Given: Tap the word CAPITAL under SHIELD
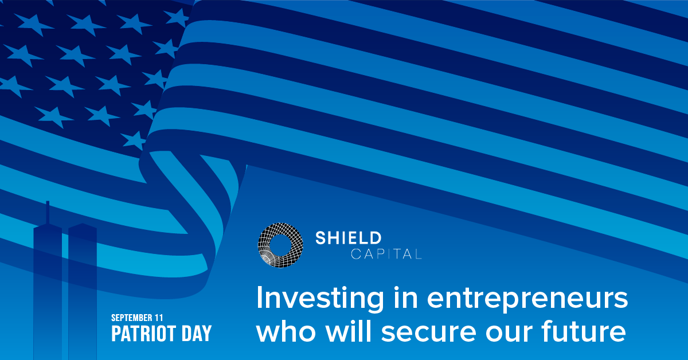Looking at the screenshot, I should click(x=386, y=254).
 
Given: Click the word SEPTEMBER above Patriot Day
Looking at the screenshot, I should click(x=133, y=317).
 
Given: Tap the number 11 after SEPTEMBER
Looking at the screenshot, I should click(x=161, y=317).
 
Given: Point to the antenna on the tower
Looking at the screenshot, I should click(x=48, y=212).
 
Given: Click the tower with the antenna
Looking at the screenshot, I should click(x=48, y=287).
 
